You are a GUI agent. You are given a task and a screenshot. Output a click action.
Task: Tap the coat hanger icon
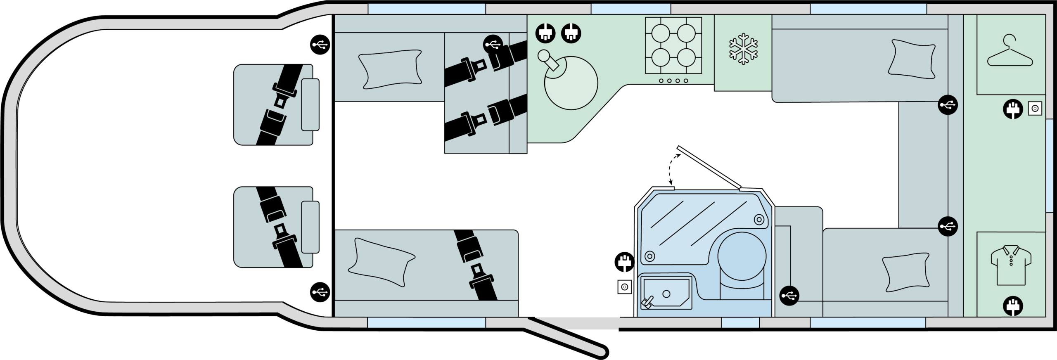pyautogui.click(x=1010, y=52)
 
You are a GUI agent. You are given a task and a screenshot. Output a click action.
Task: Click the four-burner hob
pyautogui.click(x=673, y=45)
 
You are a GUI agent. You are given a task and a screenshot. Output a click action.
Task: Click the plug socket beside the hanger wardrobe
pyautogui.click(x=1013, y=109)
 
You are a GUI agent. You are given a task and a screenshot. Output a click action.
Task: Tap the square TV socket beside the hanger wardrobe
pyautogui.click(x=1035, y=109)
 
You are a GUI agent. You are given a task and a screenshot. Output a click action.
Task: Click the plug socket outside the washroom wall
pyautogui.click(x=624, y=263)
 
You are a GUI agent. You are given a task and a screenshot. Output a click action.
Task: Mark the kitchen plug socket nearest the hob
pyautogui.click(x=571, y=33)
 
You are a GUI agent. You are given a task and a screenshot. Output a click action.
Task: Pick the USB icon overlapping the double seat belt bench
pyautogui.click(x=493, y=44)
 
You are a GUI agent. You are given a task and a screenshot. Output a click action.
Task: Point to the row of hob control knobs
pyautogui.click(x=673, y=81)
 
